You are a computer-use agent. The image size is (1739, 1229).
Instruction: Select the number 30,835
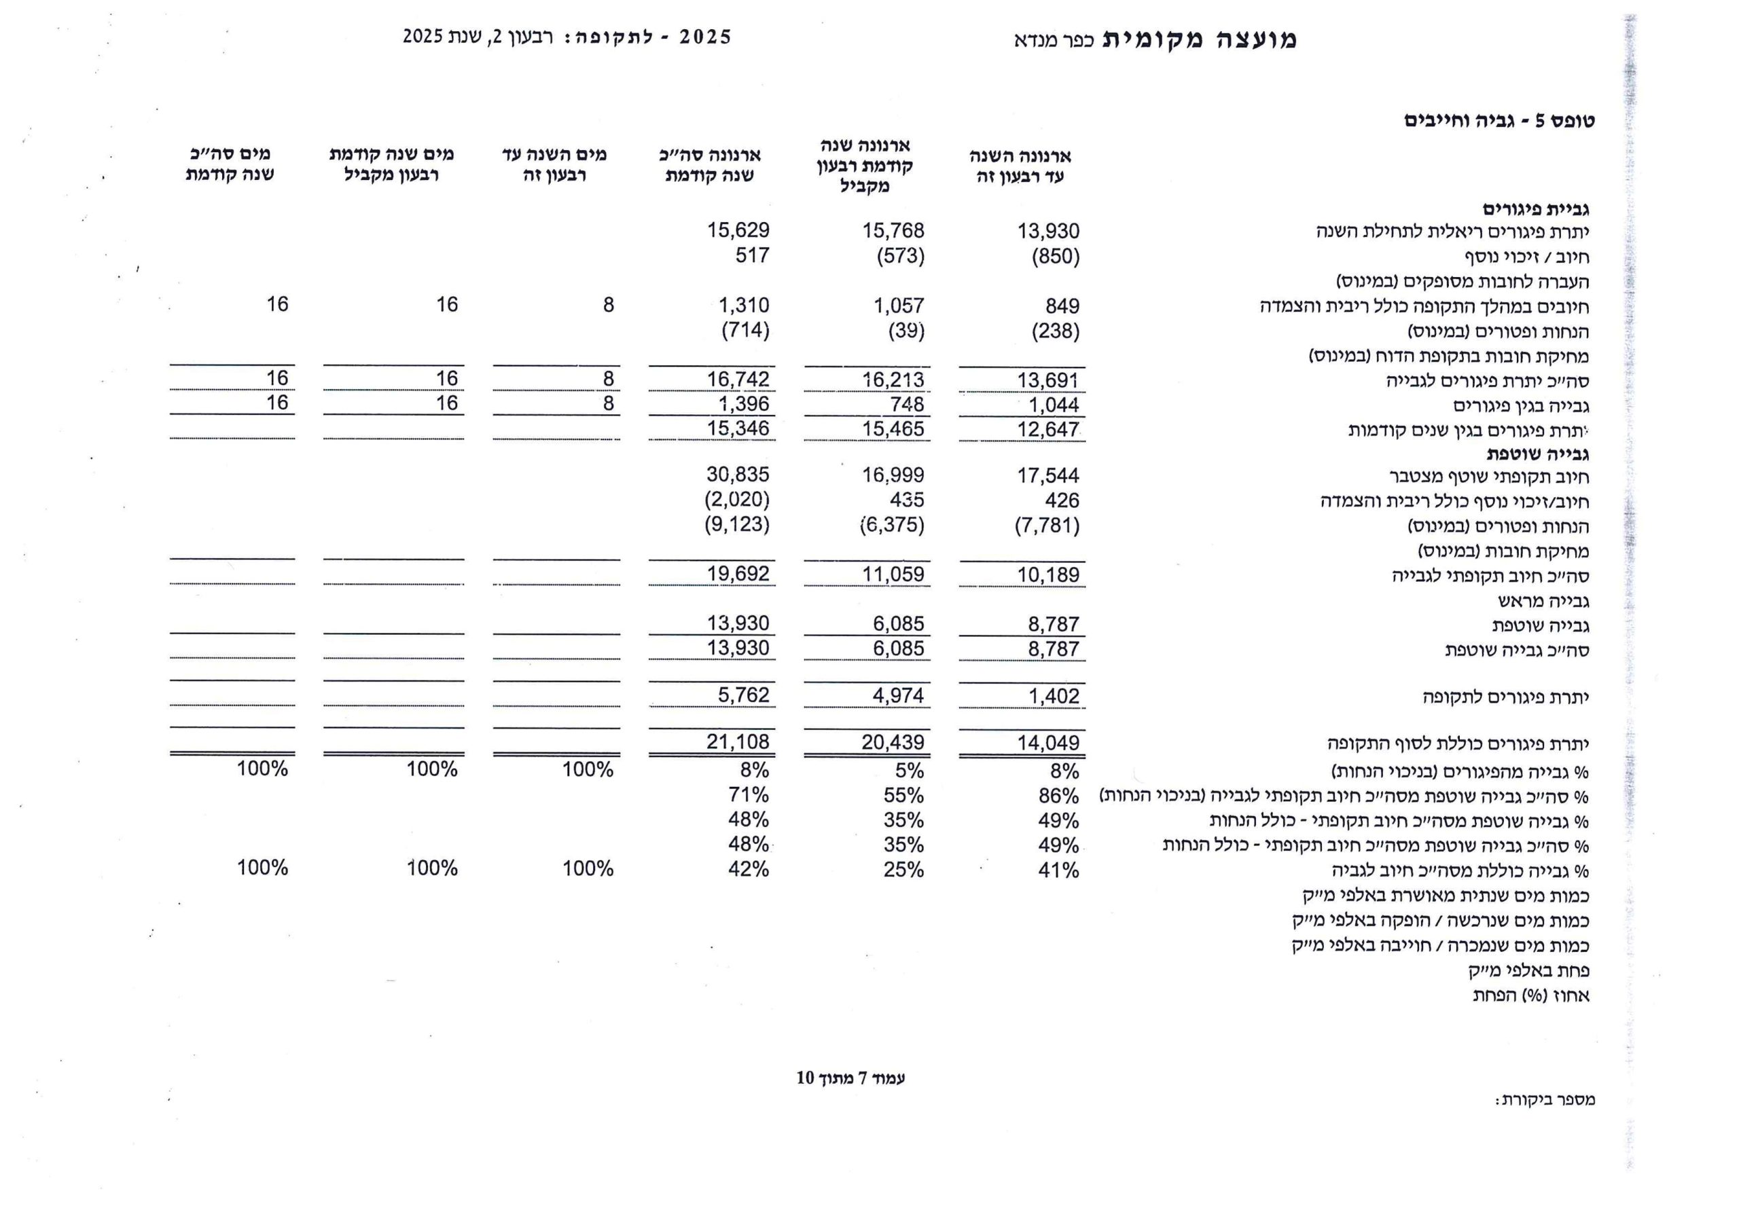coord(738,475)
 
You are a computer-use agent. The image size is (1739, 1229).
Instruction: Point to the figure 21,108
coord(738,742)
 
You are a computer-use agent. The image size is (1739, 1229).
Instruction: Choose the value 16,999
coord(893,475)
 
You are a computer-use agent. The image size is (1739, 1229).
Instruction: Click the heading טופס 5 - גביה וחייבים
coord(1499,121)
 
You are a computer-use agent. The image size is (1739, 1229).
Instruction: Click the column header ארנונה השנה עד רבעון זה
coord(1020,166)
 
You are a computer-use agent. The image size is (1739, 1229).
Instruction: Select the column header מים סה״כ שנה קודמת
coord(230,164)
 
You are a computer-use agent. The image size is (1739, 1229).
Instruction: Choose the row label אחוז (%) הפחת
coord(1530,995)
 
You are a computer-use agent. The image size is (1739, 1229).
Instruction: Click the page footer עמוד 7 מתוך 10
coord(850,1078)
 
